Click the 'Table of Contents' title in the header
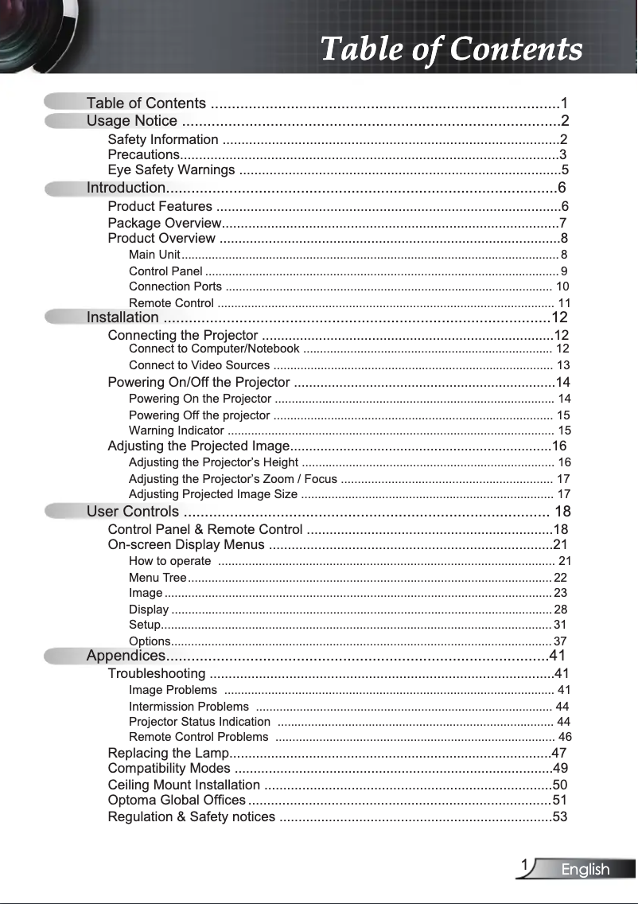(451, 49)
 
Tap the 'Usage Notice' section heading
(132, 121)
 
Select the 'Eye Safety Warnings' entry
(171, 170)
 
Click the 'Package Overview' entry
(164, 223)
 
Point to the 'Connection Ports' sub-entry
(175, 286)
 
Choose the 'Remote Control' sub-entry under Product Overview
(171, 303)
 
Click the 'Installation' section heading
(123, 318)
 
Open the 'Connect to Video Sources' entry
(199, 365)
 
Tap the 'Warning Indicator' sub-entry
(176, 431)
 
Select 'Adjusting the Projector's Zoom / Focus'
(232, 479)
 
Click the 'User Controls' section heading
(133, 511)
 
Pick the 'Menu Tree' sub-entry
(158, 578)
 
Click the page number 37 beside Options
(560, 641)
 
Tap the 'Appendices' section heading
(126, 656)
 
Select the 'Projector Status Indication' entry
(199, 722)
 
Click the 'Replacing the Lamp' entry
(168, 753)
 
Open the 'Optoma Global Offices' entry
(177, 800)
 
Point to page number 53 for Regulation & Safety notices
(560, 816)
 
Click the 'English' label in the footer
(585, 870)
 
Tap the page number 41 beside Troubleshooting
(562, 674)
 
